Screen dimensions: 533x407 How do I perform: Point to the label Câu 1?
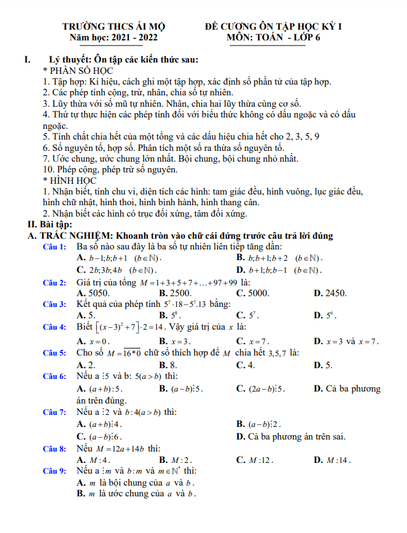coord(54,247)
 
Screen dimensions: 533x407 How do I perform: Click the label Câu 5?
coord(54,352)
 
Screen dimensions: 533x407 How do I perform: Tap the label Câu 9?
coord(54,471)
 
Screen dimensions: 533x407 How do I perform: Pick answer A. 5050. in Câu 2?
coord(93,293)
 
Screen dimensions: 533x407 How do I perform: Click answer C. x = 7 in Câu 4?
coord(253,341)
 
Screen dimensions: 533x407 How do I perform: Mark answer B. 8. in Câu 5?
coord(168,365)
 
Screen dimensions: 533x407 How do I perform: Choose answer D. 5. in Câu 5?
coord(323,365)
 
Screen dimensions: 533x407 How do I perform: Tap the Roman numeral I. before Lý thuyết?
coord(27,60)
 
